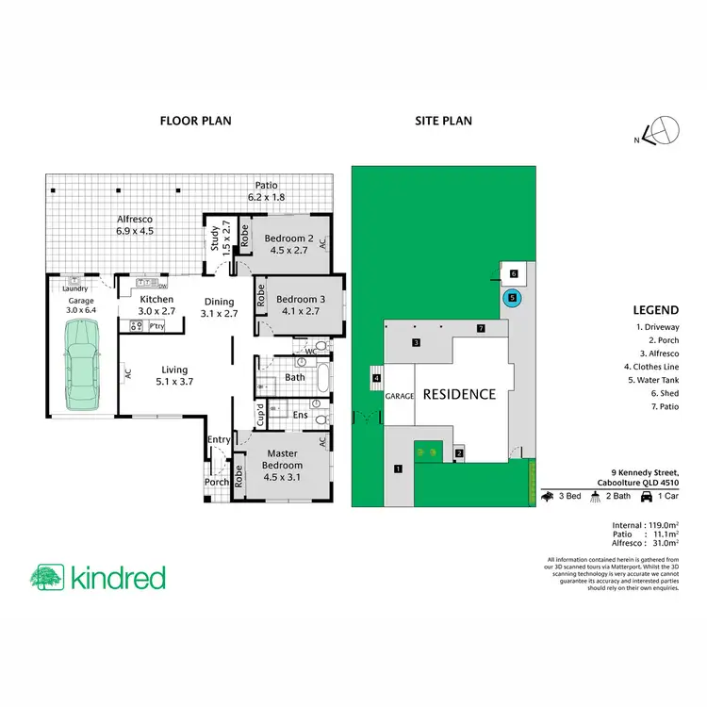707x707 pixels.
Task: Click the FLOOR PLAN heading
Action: tap(195, 121)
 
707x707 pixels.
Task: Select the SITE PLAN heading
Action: tap(444, 121)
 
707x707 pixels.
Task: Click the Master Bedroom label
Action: tap(283, 460)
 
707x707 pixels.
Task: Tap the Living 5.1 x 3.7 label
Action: tap(173, 375)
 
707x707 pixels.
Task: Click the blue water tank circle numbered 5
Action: tap(512, 298)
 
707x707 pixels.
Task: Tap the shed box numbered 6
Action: tap(513, 273)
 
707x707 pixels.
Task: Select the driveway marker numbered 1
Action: tap(398, 469)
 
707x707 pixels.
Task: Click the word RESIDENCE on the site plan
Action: tap(458, 394)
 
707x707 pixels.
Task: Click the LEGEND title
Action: tap(656, 309)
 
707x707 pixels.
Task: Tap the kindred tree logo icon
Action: tap(46, 577)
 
